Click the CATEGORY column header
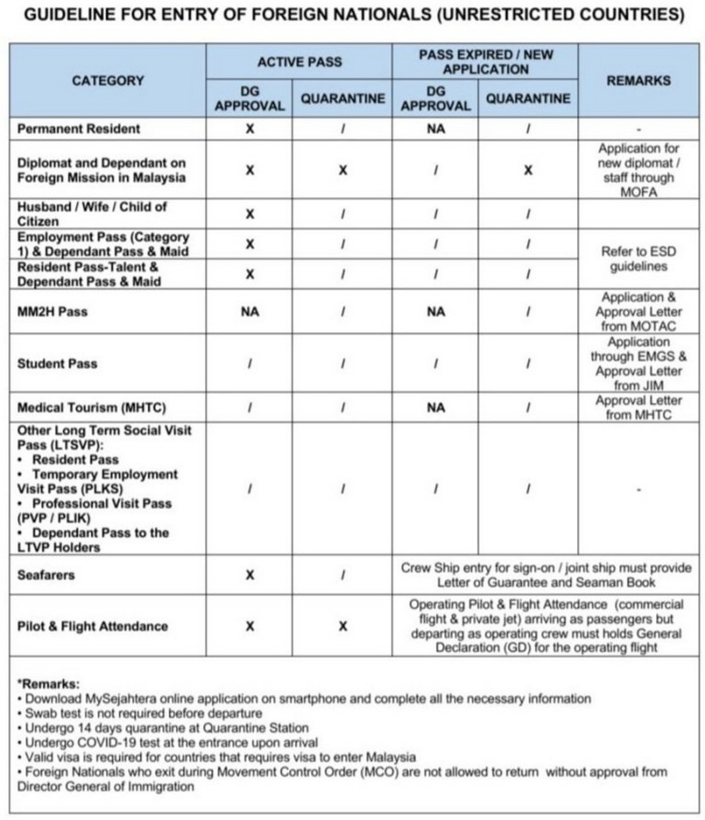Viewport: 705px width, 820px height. click(108, 81)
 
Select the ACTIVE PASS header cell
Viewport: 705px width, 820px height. click(299, 62)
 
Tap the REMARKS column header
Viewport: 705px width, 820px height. click(638, 81)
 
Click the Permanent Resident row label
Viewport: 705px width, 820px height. click(79, 129)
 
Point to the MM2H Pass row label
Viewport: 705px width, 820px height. click(52, 312)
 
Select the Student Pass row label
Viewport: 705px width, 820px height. click(57, 363)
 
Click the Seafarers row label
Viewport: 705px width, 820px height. click(46, 575)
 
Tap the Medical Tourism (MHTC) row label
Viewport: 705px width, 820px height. click(92, 407)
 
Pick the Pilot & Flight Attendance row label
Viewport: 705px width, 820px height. click(92, 626)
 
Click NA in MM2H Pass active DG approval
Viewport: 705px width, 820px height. click(250, 312)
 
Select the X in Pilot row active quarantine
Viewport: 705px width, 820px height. click(343, 627)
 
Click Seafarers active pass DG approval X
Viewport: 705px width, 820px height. click(250, 575)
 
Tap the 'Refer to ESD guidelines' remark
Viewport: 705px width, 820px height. click(638, 259)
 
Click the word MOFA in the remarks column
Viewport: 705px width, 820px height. click(638, 192)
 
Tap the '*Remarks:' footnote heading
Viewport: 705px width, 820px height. click(48, 684)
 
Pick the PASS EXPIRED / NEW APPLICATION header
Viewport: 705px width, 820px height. click(485, 62)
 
